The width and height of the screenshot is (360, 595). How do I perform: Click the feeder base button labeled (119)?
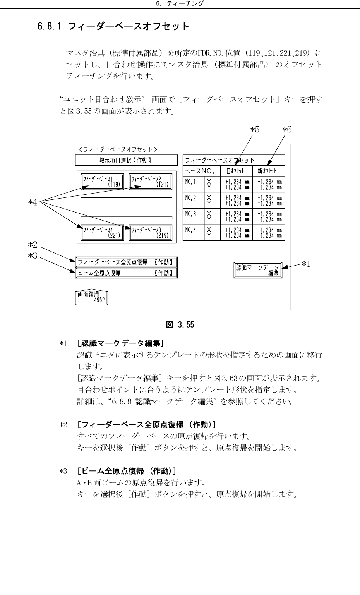[102, 181]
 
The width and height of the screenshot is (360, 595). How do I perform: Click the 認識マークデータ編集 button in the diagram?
[258, 270]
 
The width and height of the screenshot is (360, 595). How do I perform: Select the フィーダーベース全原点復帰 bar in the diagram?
[126, 262]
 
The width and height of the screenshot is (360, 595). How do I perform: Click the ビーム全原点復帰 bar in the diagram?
[126, 273]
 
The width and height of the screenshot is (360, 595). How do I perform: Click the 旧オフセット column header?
[236, 171]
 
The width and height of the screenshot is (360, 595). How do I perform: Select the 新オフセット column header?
[268, 171]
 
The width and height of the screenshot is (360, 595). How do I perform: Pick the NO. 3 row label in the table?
[191, 213]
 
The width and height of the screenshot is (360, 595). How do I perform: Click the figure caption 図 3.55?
[180, 325]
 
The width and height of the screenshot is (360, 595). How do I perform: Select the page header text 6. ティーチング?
[180, 3]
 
